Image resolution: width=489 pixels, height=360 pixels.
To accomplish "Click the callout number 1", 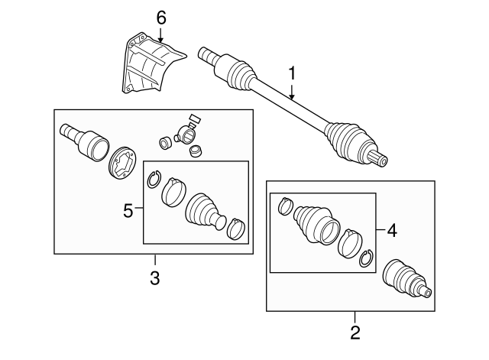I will pos(292,73).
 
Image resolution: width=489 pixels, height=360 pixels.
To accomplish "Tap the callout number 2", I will pos(354,332).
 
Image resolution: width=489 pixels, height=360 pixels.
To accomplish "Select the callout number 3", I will pos(154,277).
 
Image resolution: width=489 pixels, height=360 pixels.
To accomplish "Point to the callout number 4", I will pos(392,229).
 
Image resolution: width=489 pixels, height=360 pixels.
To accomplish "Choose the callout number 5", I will pos(129,208).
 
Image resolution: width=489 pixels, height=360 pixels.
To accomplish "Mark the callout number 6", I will pos(160,17).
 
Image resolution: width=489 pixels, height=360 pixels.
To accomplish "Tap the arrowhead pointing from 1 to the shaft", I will pos(292,97).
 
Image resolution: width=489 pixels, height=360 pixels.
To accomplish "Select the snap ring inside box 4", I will pos(365,258).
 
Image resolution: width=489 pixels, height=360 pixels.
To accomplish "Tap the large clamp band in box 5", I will pos(175,191).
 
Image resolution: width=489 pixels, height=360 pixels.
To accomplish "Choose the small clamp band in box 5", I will pos(236,227).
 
